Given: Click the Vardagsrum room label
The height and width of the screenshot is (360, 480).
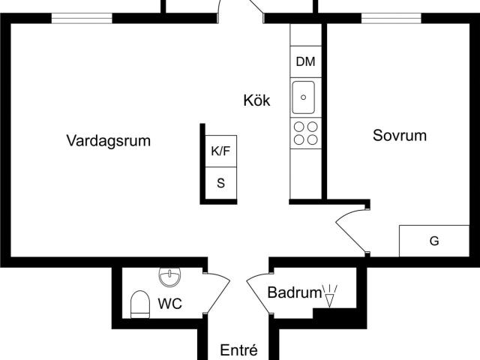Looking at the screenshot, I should click(109, 140).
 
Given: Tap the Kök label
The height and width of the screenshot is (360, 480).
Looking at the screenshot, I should click(256, 100).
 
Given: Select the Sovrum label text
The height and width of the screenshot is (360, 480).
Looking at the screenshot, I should click(400, 136).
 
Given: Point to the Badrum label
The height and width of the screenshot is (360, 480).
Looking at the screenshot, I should click(294, 293).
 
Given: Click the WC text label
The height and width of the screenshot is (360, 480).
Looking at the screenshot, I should click(169, 304).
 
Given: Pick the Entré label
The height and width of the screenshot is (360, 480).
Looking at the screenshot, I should click(238, 350).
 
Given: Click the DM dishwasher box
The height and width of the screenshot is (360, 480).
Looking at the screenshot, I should click(305, 62).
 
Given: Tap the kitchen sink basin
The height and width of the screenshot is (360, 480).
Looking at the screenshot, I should click(304, 97).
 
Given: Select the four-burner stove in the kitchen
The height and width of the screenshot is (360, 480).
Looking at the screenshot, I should click(304, 133).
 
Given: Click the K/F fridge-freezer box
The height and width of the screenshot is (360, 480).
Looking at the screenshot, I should click(220, 151).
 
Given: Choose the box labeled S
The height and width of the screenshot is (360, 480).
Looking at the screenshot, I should click(220, 182).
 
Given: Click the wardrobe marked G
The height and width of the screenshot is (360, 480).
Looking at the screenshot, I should click(433, 241).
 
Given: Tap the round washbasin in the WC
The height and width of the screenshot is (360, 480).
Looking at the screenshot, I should click(169, 277).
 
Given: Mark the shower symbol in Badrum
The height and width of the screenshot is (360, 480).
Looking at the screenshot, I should click(329, 295).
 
